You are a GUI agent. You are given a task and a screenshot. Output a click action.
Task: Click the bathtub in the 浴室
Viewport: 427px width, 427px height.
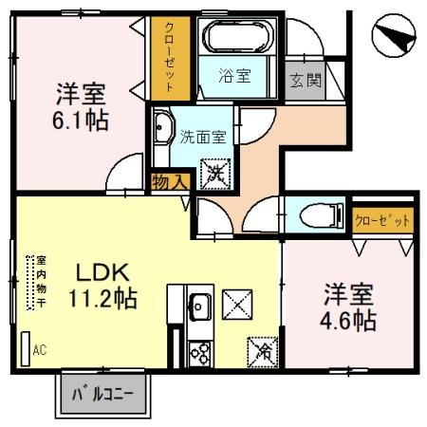(x=238, y=36)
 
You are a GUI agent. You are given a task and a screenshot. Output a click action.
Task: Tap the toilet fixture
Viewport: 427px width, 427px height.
(x=322, y=215)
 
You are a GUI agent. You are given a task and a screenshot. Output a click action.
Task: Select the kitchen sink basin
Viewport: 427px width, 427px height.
(x=199, y=306)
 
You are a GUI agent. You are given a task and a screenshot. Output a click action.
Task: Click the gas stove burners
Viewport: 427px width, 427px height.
(x=199, y=354)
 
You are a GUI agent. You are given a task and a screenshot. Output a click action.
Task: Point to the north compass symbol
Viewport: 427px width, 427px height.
(x=394, y=35)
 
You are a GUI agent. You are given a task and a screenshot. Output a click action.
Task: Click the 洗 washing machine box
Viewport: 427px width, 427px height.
(x=215, y=175)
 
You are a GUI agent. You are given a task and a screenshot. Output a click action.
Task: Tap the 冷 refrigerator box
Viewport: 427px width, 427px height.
(x=263, y=352)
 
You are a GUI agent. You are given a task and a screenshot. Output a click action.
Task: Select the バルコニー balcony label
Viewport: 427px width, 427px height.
(x=103, y=395)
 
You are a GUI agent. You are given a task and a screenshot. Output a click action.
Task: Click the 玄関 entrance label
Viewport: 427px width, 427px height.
(x=306, y=80)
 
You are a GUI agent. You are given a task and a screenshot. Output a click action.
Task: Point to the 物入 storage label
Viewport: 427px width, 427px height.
(x=171, y=182)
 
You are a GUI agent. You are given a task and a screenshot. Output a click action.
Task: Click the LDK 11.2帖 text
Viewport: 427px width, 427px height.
(x=103, y=286)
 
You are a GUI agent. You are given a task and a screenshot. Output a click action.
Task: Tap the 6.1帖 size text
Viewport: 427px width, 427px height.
(x=81, y=121)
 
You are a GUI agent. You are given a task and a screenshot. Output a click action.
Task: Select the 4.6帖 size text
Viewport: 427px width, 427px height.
(x=348, y=321)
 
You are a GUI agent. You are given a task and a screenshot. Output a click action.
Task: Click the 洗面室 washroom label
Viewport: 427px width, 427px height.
(x=203, y=137)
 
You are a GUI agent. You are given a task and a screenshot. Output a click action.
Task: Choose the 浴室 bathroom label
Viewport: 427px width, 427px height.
(x=234, y=76)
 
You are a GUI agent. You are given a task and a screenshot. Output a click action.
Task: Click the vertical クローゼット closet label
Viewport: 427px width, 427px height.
(x=170, y=58)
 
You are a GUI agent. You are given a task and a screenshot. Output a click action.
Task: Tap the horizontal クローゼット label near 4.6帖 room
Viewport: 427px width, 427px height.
(x=382, y=220)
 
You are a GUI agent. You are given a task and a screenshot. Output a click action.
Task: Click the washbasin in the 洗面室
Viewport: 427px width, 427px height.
(x=162, y=127)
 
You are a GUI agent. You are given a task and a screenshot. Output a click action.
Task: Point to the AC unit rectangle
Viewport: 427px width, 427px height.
(x=26, y=349)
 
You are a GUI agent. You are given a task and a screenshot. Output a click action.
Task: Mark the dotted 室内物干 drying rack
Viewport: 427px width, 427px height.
(x=30, y=283)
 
